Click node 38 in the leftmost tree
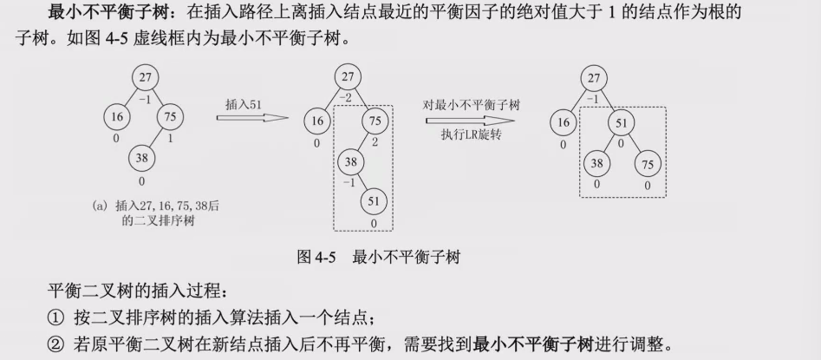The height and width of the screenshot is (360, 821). point(141,157)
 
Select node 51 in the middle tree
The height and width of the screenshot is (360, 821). point(374,201)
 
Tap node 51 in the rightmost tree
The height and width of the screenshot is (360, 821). point(621,123)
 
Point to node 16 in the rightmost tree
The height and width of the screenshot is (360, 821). point(564,123)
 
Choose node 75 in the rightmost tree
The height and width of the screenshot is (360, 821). point(646,163)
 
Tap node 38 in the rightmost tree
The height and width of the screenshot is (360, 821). point(596,163)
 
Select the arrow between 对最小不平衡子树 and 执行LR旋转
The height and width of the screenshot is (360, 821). point(472,121)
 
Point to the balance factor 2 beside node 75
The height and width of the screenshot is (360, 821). point(375,142)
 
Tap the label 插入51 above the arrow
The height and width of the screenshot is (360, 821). point(244,105)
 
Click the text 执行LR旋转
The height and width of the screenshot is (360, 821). point(471,136)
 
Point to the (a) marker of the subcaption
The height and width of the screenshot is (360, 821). point(98,206)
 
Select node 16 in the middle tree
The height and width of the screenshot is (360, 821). point(318,121)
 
